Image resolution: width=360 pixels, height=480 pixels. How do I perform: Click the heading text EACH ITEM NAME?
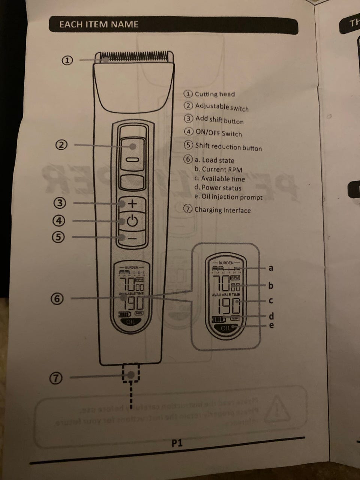coord(99,24)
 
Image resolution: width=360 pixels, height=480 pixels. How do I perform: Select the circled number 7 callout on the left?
coord(56,379)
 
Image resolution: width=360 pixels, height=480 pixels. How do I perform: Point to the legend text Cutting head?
coord(214,94)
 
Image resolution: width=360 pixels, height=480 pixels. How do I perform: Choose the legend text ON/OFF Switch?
coord(218,133)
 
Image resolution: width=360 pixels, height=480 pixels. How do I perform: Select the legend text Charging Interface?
coord(222,210)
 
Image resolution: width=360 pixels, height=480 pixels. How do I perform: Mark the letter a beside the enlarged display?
coord(271,268)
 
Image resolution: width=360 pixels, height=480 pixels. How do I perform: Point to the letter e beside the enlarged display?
coord(271,325)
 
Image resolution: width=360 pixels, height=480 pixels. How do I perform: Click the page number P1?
coord(177,443)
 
